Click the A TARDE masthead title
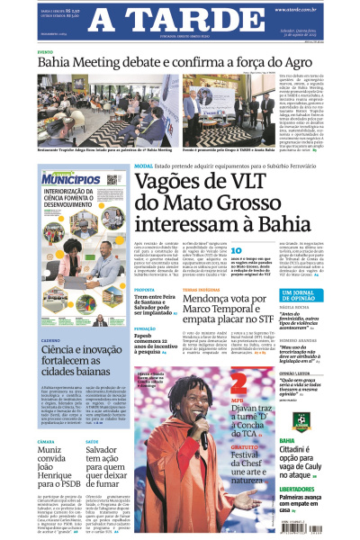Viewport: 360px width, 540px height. pos(181,21)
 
